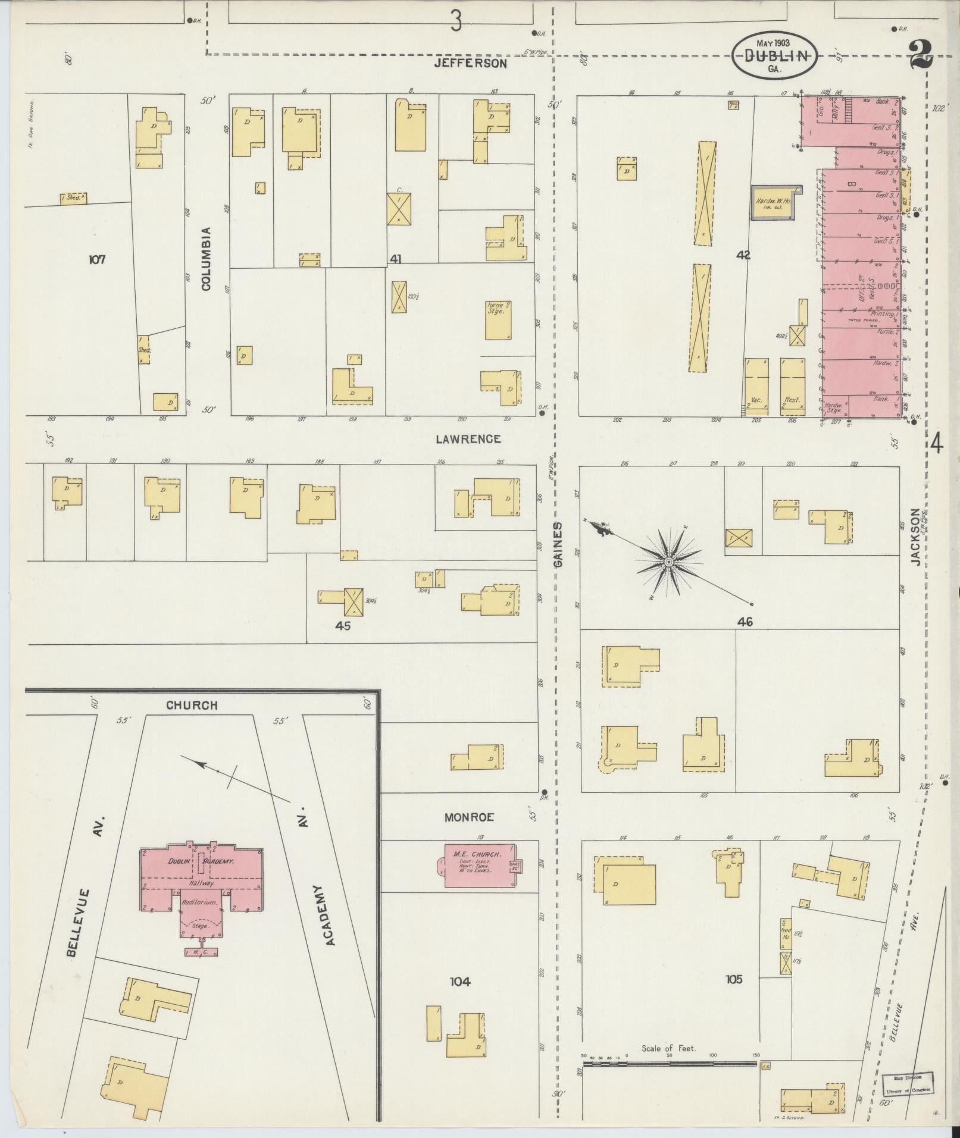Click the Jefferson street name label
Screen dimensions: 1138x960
[x=470, y=62]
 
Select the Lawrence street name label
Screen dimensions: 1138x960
[x=468, y=439]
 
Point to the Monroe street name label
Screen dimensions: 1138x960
[x=469, y=817]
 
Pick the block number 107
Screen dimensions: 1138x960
[x=96, y=259]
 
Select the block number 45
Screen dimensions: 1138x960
[x=343, y=625]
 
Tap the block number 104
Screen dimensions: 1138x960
[x=460, y=982]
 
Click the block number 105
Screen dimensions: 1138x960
[x=734, y=979]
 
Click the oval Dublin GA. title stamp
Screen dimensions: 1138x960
[x=774, y=56]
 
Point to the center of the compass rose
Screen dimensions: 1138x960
[x=668, y=562]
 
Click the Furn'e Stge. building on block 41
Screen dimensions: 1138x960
[x=498, y=320]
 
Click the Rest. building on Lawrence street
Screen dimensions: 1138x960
[x=792, y=387]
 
